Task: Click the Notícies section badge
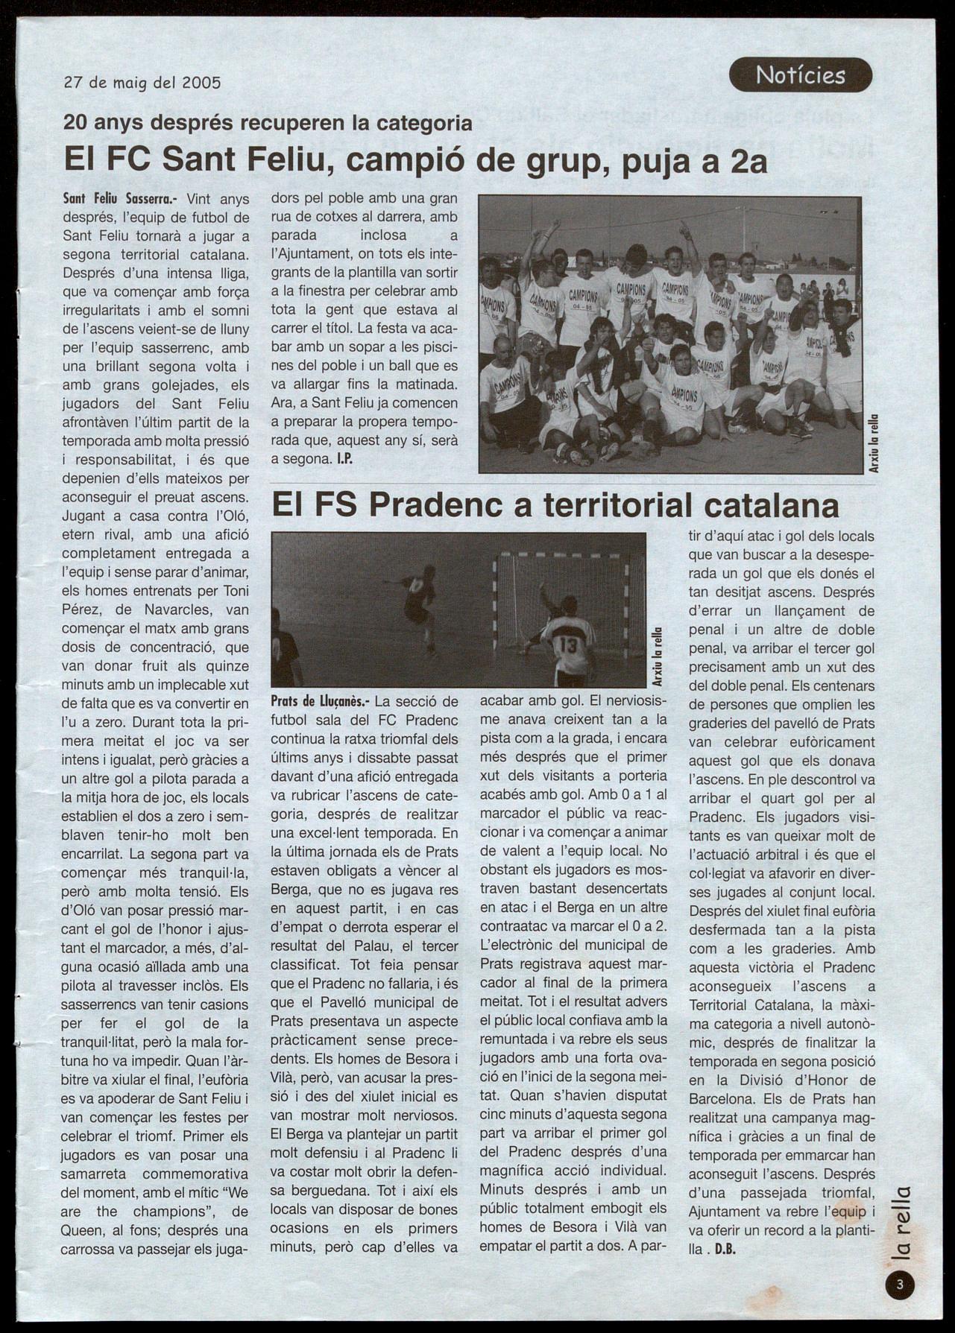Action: coord(800,75)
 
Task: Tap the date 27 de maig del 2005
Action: coord(142,83)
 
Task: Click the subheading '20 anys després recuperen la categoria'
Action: coord(268,122)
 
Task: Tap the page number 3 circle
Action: coord(900,1284)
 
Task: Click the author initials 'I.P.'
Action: coord(344,460)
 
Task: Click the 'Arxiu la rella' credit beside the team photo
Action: coord(874,443)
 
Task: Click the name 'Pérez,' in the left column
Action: coord(81,610)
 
